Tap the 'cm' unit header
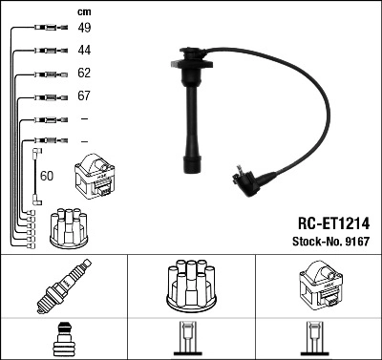coord(83,11)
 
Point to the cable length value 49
coord(84,28)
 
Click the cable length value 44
coord(84,50)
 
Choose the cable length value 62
coord(84,73)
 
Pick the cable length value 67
coord(84,96)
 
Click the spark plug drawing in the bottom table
coord(64,287)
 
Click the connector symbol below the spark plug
coord(64,340)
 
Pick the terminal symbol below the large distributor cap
coord(191,340)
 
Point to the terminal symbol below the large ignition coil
coord(318,340)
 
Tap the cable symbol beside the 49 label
coord(48,28)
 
